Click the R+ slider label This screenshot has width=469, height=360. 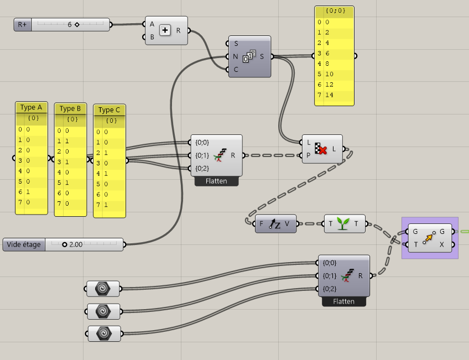point(22,24)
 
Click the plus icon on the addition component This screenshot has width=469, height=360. point(165,30)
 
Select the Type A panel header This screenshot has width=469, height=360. point(31,107)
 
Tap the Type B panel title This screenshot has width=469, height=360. point(70,108)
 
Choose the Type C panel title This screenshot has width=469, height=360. point(109,110)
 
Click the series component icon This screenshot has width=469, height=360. point(249,56)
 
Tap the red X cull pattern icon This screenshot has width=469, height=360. point(321,149)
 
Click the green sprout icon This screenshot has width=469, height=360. point(344,224)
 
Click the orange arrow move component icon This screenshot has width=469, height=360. point(429,238)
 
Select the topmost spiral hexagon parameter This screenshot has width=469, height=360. point(103,289)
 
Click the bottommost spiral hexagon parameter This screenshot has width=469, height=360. point(103,333)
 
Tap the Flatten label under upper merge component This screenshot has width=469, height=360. point(216,181)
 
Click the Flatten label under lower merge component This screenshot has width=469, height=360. point(343,302)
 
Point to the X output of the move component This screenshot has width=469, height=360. point(441,244)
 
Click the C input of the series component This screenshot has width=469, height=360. point(236,69)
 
